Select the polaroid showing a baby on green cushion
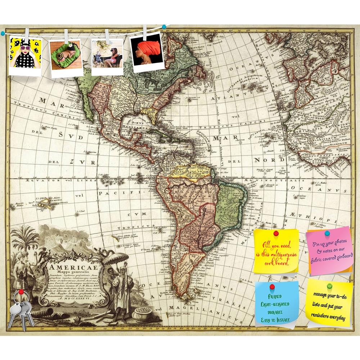[65, 58]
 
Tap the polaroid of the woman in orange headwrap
[145, 50]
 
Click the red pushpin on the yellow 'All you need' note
[276, 234]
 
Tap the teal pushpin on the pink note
[327, 233]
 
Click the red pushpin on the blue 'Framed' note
[272, 287]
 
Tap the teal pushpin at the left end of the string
[3, 33]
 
